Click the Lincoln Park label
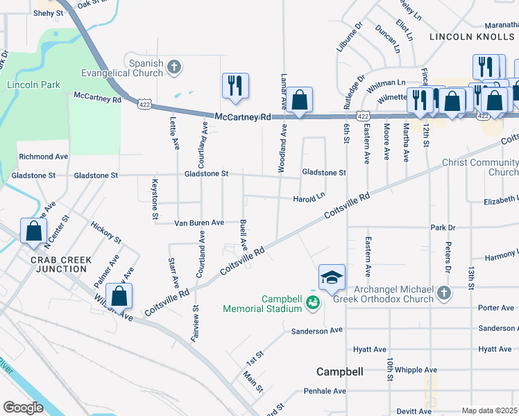tap(33, 85)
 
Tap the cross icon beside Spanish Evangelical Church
tap(174, 67)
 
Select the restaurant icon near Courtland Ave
tap(235, 85)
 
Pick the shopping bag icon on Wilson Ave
tap(120, 295)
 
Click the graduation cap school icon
tap(332, 277)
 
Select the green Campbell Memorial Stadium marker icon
tap(313, 302)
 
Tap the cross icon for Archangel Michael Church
tap(445, 294)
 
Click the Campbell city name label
tap(340, 372)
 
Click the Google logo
tap(24, 407)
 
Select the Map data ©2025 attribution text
tap(489, 410)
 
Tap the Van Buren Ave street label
tap(198, 223)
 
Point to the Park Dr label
tap(442, 227)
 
